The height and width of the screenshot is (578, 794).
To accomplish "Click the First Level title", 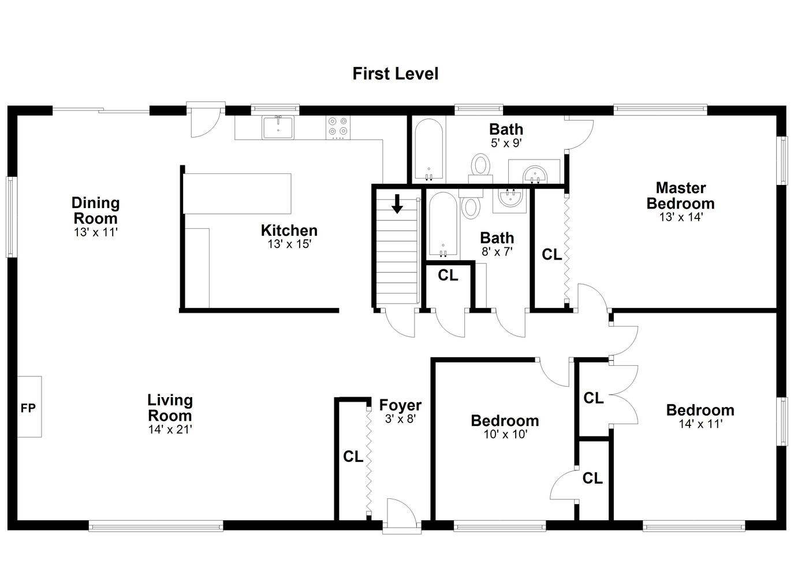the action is [x=395, y=74].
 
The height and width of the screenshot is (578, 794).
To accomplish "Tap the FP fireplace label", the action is [x=28, y=408].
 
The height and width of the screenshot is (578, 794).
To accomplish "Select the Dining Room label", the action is [x=95, y=210].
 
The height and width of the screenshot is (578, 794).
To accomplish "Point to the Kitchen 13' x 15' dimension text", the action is [x=289, y=244].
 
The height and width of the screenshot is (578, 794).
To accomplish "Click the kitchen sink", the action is [x=278, y=127].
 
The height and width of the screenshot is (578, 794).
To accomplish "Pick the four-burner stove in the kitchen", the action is [x=338, y=127].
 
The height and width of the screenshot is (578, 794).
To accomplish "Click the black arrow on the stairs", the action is [x=397, y=203].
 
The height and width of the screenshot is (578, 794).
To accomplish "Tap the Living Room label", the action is [x=170, y=407].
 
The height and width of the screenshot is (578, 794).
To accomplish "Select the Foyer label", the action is [x=400, y=405].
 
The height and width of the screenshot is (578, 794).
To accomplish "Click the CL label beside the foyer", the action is [x=353, y=457].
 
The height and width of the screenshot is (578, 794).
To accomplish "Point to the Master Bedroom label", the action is [x=681, y=195].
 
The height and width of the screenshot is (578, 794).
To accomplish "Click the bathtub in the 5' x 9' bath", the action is [x=429, y=149].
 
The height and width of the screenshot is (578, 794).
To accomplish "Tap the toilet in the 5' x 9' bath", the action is [x=480, y=169].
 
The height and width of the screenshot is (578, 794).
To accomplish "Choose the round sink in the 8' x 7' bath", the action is [x=510, y=198].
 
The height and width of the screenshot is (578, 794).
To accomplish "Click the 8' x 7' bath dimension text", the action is [x=497, y=251].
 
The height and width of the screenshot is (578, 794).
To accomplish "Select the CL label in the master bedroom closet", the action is [x=552, y=254].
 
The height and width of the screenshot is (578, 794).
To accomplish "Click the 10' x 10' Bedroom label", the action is [x=505, y=421].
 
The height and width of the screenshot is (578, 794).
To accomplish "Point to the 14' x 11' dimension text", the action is [x=700, y=424].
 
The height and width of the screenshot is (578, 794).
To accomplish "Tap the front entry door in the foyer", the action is [x=401, y=513].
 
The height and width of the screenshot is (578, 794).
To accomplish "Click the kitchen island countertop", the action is [x=237, y=194].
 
